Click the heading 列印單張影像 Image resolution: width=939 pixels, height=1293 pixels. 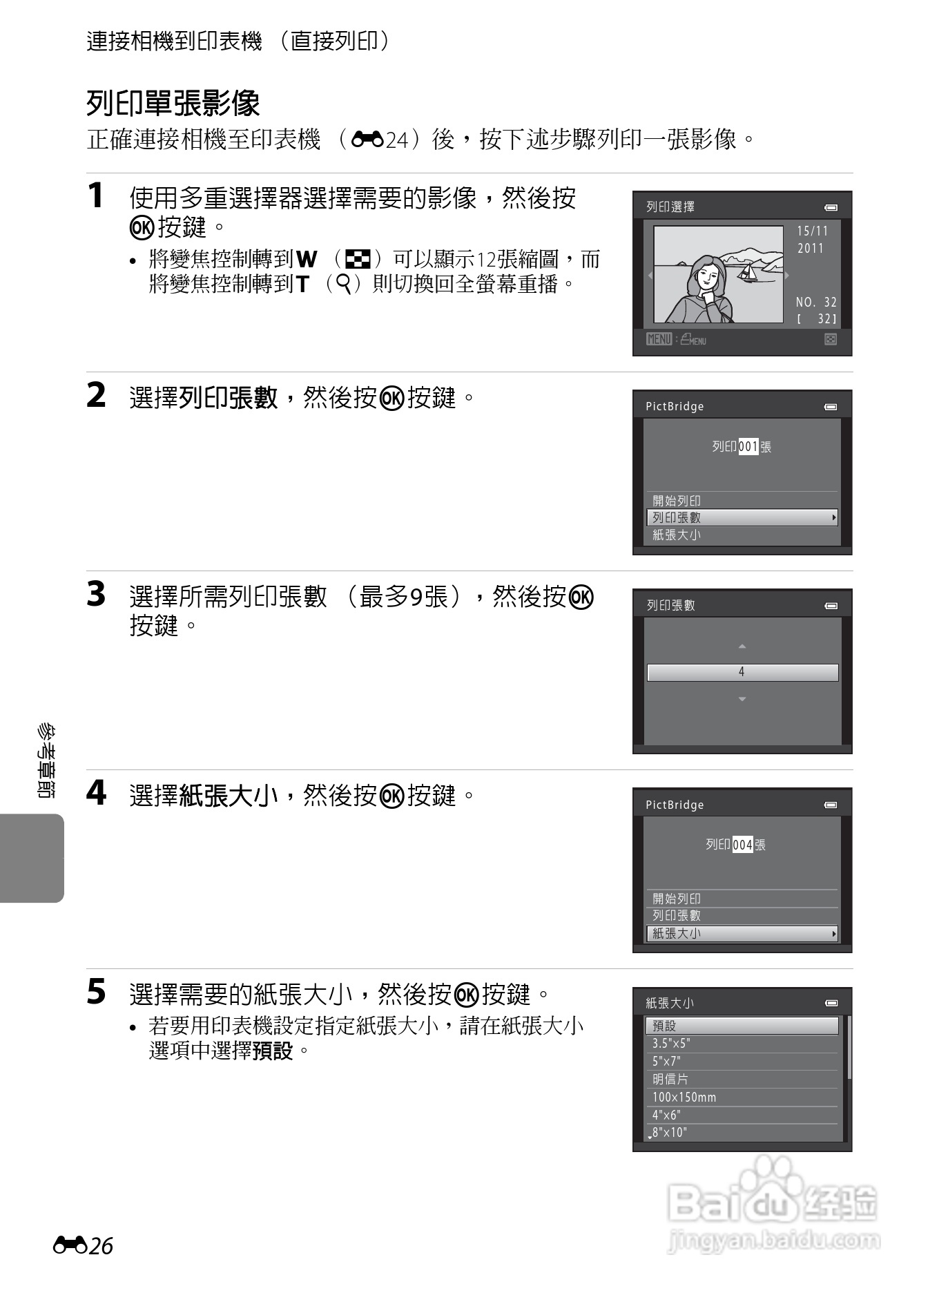173,104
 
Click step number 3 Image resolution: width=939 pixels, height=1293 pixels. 96,595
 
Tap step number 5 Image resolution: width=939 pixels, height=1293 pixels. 96,993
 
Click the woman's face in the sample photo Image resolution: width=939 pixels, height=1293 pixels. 706,276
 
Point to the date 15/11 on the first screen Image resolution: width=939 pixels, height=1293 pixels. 812,231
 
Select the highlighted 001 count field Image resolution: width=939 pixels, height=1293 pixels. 748,447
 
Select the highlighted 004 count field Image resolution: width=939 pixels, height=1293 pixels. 742,845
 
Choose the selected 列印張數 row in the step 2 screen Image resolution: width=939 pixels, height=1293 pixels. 742,517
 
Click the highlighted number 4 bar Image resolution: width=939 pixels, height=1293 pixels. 742,672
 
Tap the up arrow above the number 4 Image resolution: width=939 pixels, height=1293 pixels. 742,646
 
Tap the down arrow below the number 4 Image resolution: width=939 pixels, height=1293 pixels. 742,699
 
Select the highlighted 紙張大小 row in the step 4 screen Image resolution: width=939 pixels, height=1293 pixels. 742,933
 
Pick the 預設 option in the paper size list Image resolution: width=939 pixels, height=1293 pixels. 742,1026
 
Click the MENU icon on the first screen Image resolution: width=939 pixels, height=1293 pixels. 659,339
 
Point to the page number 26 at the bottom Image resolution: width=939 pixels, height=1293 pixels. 101,1246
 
